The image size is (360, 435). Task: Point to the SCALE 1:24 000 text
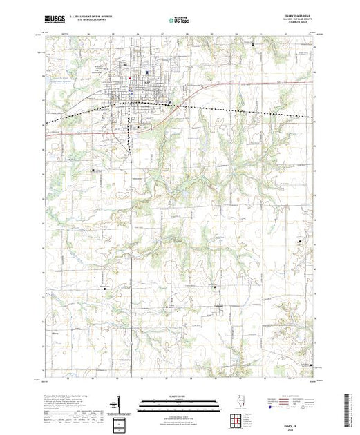(177, 397)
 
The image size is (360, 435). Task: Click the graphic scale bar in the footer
(177, 403)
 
